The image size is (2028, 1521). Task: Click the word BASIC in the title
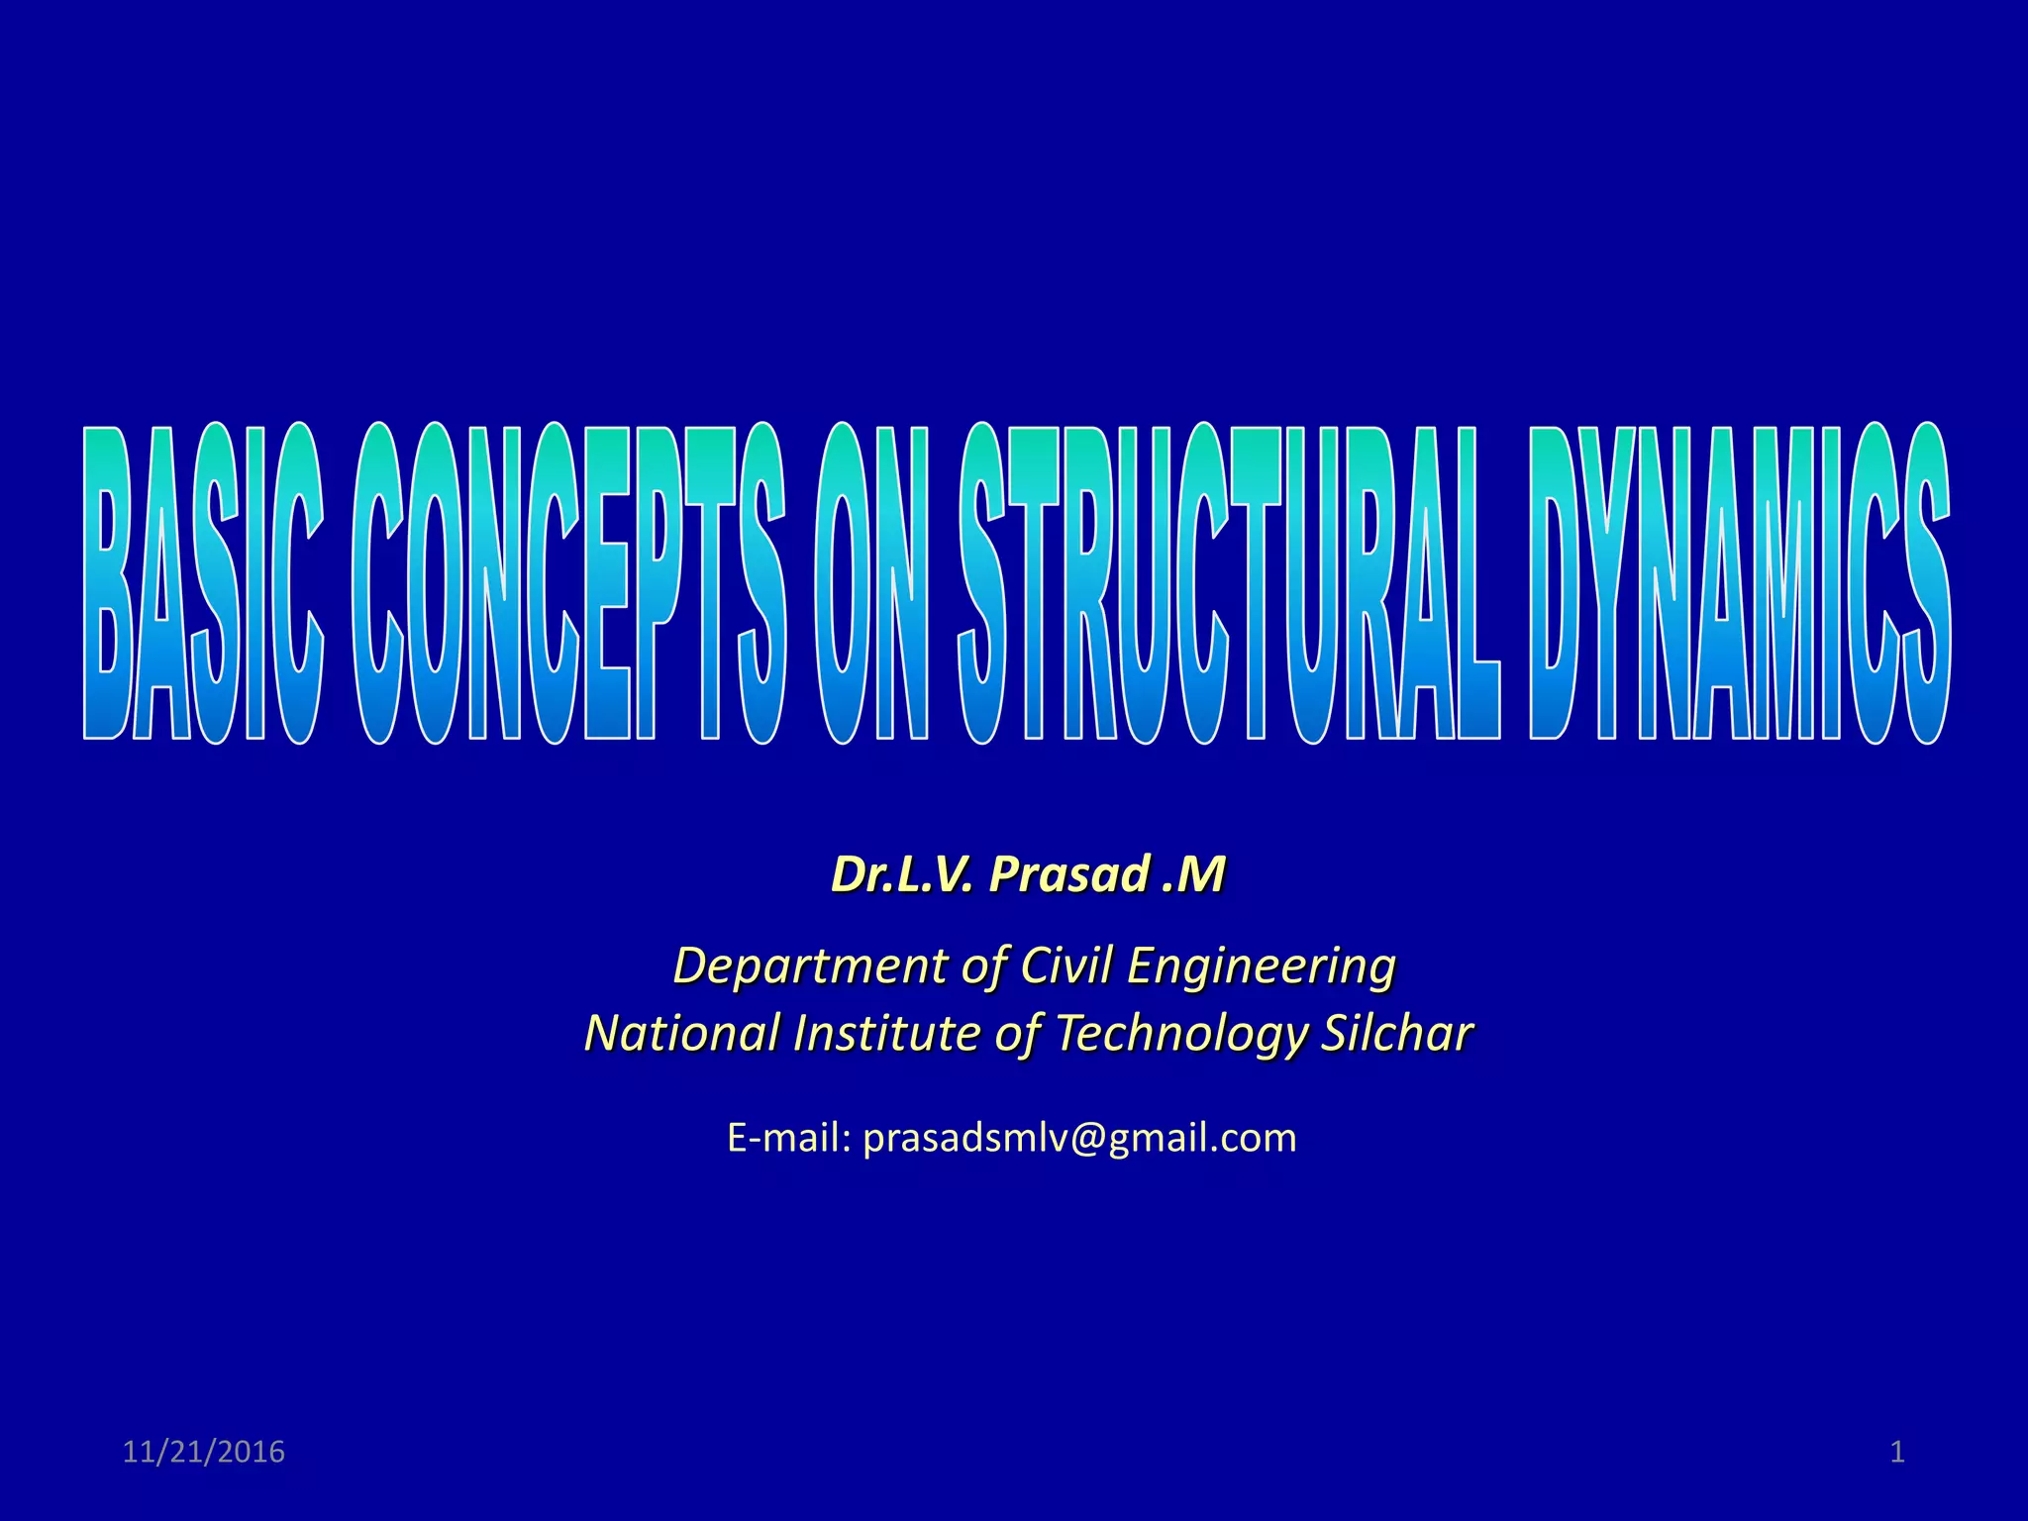click(203, 584)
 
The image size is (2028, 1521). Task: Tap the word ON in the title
click(871, 584)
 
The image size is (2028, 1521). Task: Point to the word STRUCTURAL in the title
click(1228, 584)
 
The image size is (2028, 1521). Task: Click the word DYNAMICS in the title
click(1740, 584)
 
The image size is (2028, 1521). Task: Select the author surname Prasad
click(1069, 874)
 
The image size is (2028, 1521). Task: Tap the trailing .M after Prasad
click(1194, 874)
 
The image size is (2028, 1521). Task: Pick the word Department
click(810, 965)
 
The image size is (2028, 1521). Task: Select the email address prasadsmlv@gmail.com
click(1079, 1139)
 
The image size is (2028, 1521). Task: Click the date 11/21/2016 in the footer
click(203, 1452)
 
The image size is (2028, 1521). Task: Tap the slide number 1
click(1897, 1452)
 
